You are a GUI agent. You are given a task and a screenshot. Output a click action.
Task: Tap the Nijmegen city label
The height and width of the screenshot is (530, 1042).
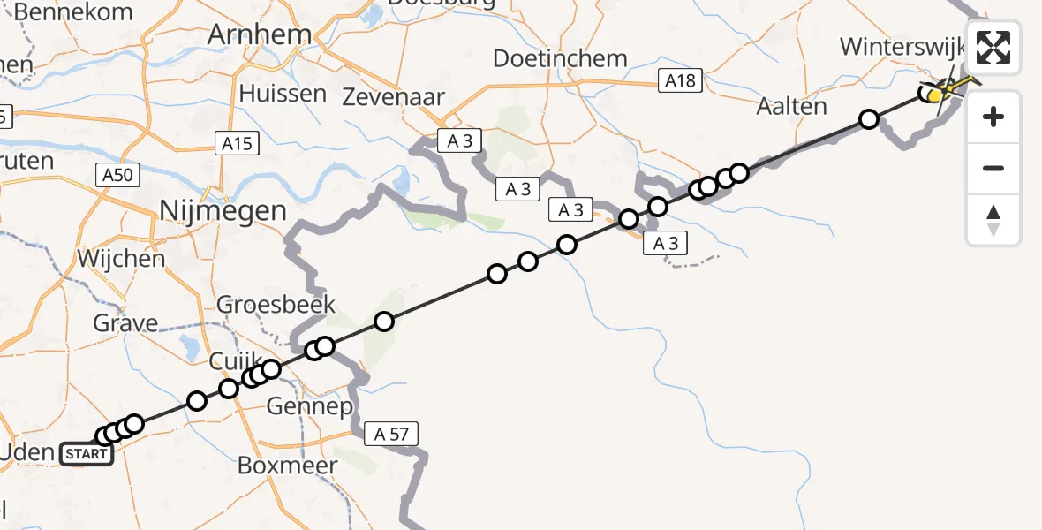[223, 211]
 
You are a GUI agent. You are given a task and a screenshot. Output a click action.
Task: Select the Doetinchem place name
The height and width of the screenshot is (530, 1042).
[560, 59]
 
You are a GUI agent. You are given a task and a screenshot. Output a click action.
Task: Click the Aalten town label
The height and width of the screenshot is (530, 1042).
[792, 107]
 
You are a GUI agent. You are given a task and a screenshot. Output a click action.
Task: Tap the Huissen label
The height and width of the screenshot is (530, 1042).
[279, 94]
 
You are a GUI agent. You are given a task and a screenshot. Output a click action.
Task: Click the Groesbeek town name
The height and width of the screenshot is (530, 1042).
[277, 305]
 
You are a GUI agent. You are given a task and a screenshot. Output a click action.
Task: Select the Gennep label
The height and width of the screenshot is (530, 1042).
[310, 407]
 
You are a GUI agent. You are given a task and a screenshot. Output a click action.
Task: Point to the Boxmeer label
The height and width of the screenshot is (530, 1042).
[283, 465]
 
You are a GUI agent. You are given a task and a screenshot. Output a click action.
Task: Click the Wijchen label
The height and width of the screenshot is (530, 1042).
[121, 259]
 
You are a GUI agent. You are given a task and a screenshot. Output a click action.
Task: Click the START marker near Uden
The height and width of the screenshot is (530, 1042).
[87, 455]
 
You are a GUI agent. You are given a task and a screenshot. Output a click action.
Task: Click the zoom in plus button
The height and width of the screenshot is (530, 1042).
[993, 117]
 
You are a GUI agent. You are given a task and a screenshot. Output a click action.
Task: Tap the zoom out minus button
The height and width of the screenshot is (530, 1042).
[993, 168]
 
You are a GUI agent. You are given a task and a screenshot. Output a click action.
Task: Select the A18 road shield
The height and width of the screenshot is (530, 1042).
[681, 81]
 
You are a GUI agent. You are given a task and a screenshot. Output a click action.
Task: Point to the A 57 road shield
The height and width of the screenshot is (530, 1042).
[390, 434]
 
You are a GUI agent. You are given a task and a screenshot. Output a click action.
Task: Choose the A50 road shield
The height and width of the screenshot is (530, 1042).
[117, 176]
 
